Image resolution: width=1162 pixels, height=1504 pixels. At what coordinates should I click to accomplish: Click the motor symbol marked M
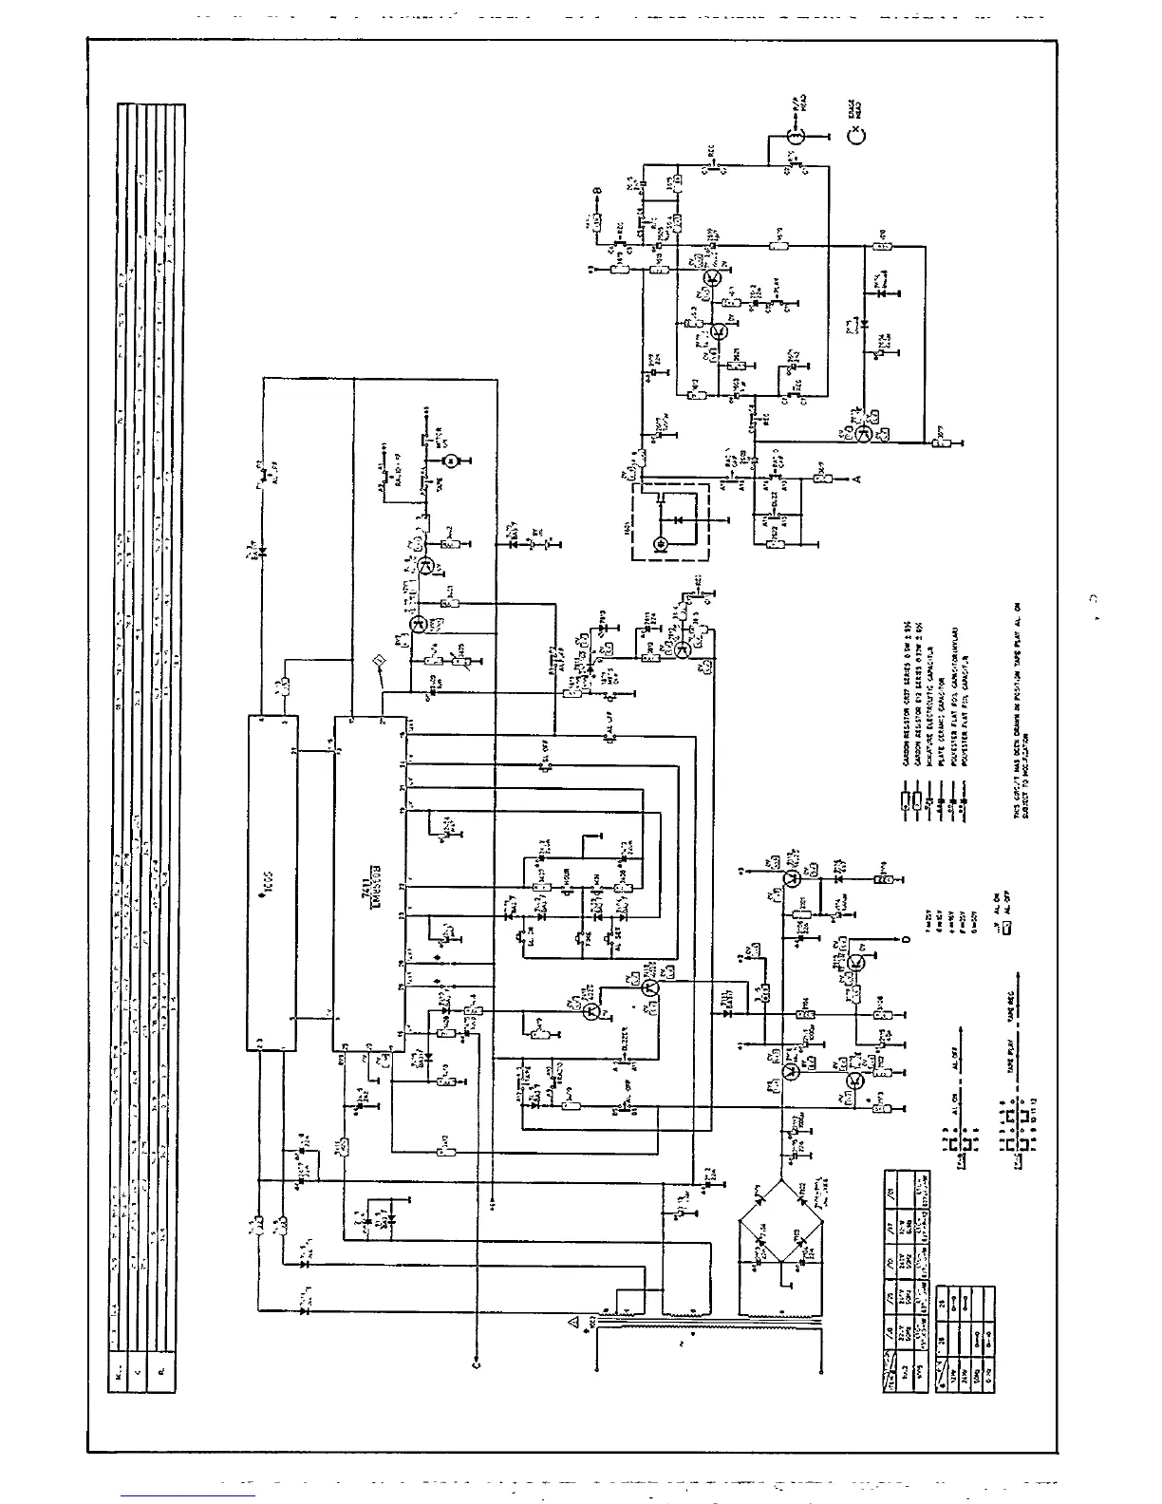click(x=453, y=460)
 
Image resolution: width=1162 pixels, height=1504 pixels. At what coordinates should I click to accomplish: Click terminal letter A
click(x=856, y=479)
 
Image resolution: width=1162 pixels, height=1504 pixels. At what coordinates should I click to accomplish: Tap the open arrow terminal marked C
click(x=476, y=1363)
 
